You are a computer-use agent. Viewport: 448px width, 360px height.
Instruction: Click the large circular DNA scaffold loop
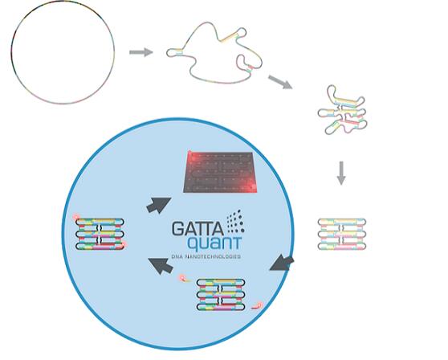[x=11, y=51]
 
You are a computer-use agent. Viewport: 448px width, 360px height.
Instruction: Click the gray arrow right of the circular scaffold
[x=141, y=52]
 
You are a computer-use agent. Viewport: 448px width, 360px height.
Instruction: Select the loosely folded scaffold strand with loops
[x=214, y=53]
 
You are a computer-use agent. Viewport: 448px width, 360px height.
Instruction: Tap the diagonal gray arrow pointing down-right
[x=280, y=82]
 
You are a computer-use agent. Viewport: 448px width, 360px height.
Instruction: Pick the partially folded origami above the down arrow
[x=342, y=110]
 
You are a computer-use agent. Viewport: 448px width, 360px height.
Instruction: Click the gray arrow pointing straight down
[x=341, y=173]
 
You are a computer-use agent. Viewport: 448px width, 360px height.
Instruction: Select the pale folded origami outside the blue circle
[x=342, y=234]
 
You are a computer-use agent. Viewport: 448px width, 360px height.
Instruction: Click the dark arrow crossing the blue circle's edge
[x=282, y=263]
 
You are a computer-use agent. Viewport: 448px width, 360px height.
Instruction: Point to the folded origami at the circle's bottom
[x=221, y=295]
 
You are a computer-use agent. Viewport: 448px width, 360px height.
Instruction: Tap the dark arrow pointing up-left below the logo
[x=161, y=266]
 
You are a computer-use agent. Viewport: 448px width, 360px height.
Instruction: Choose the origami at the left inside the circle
[x=100, y=234]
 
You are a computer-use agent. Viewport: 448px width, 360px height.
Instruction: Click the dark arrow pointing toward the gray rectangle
[x=159, y=205]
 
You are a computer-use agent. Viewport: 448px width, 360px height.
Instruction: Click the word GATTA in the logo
[x=198, y=229]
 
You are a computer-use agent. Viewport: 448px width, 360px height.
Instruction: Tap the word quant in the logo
[x=214, y=243]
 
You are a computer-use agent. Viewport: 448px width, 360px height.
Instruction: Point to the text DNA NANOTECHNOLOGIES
[x=206, y=257]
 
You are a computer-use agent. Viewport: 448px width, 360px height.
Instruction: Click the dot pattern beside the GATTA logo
[x=236, y=222]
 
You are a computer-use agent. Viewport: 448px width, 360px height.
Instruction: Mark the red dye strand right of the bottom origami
[x=256, y=306]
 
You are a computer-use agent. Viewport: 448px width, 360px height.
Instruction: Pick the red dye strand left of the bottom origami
[x=185, y=278]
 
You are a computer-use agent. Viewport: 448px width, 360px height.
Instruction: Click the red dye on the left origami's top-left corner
[x=76, y=217]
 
